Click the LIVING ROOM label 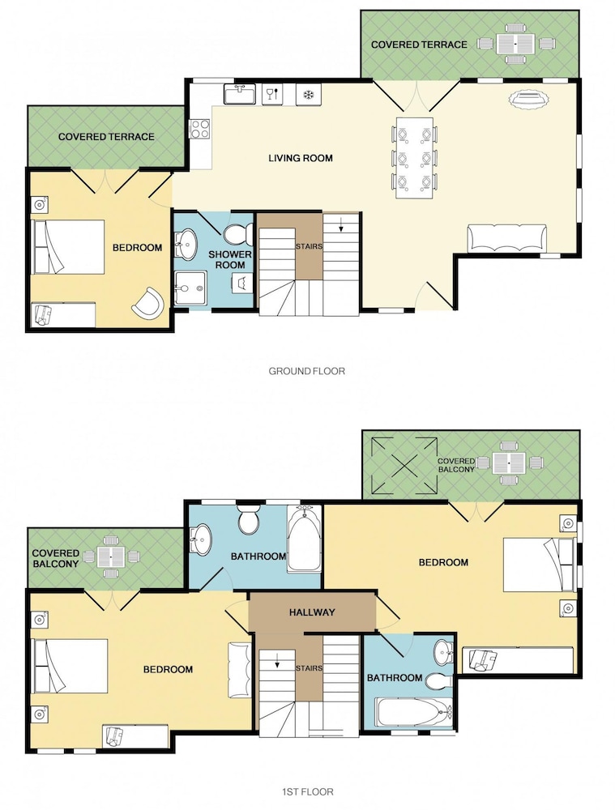tap(301, 158)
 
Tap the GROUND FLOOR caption tap(306, 371)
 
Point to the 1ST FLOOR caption tap(308, 791)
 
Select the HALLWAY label tap(312, 612)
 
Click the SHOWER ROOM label tap(230, 260)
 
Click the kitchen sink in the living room tap(240, 95)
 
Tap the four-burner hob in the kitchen tap(199, 129)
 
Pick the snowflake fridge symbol tap(309, 95)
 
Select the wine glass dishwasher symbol tap(273, 95)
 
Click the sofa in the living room tap(506, 238)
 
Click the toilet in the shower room tap(238, 234)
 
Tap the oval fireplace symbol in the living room tap(527, 99)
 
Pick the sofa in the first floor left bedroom tap(239, 665)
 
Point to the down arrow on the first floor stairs tap(277, 661)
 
